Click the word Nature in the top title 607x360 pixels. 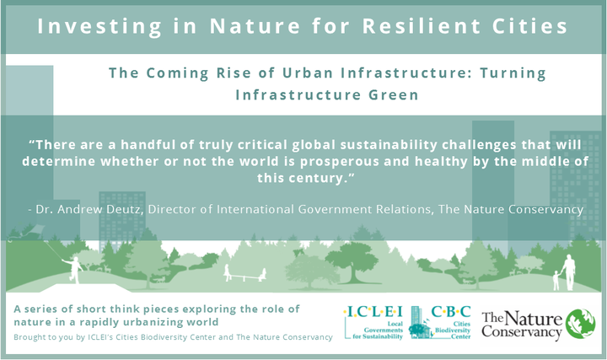255,26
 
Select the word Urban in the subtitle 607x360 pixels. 308,73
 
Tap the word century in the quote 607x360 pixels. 313,179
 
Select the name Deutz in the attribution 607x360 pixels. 125,209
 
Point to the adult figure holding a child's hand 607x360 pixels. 568,272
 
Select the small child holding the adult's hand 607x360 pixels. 556,280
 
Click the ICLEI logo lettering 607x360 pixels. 373,312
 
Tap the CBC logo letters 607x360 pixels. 451,312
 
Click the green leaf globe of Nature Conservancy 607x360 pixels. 580,324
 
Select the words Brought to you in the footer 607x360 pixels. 44,337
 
